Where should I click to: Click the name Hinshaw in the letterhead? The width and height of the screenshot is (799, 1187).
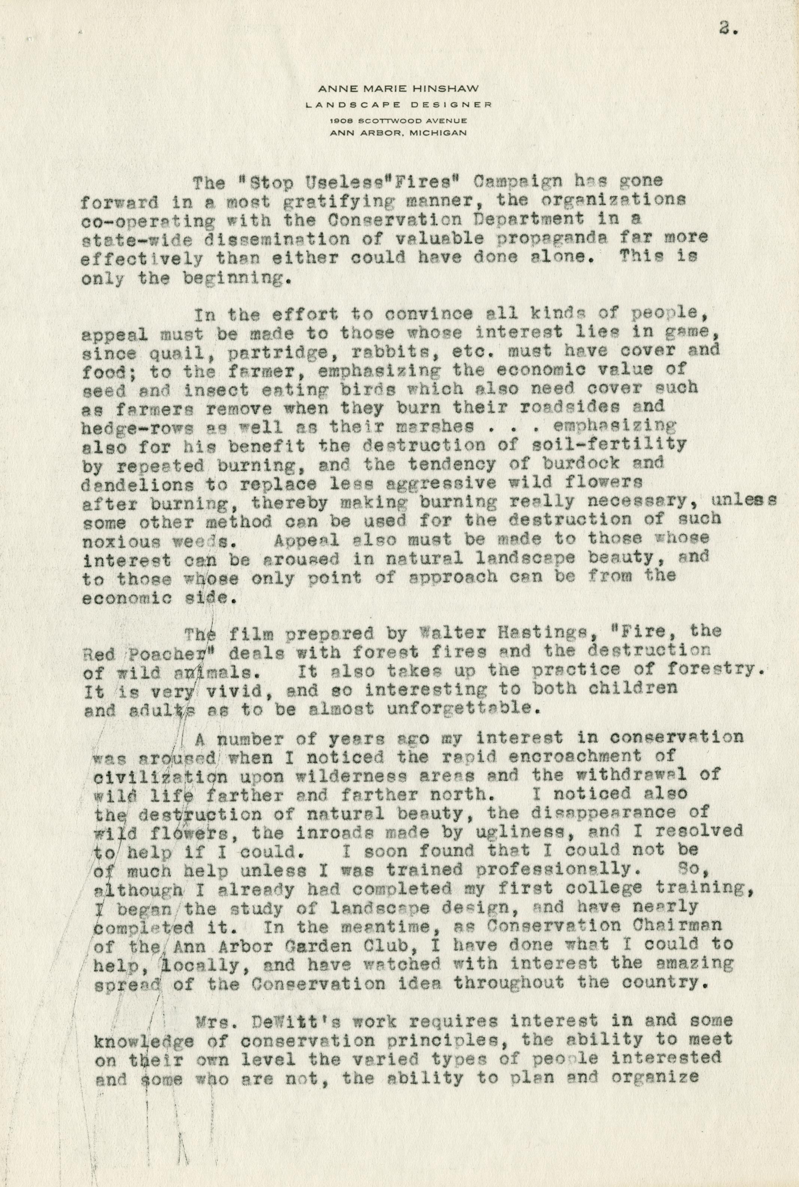click(450, 88)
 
